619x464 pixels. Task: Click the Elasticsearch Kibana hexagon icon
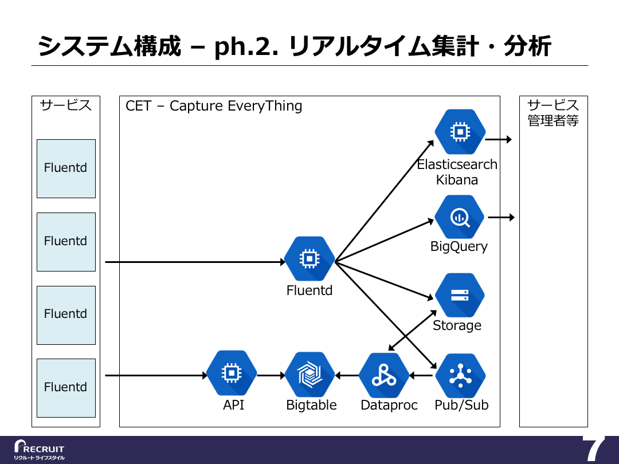click(x=460, y=131)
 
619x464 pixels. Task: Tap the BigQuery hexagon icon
click(x=460, y=217)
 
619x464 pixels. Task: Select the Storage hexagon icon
click(x=460, y=295)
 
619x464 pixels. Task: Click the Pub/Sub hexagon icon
click(x=460, y=376)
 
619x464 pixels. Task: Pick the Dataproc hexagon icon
click(x=384, y=375)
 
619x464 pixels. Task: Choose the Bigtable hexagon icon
click(x=310, y=374)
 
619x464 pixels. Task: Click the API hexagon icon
click(x=232, y=373)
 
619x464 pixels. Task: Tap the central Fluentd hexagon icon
click(x=309, y=259)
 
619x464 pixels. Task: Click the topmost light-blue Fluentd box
click(x=66, y=168)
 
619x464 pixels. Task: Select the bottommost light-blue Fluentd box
click(x=66, y=388)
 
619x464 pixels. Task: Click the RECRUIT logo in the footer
click(x=39, y=450)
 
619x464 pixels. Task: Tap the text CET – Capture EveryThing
click(x=214, y=106)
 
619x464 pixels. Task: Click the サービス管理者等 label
click(x=553, y=113)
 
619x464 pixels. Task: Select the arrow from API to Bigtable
click(x=271, y=375)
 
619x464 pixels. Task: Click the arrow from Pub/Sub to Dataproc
click(x=422, y=375)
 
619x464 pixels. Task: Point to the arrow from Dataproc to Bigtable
click(x=347, y=375)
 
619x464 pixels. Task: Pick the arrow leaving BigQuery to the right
click(x=502, y=217)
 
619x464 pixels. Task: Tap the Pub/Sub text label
click(x=461, y=405)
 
